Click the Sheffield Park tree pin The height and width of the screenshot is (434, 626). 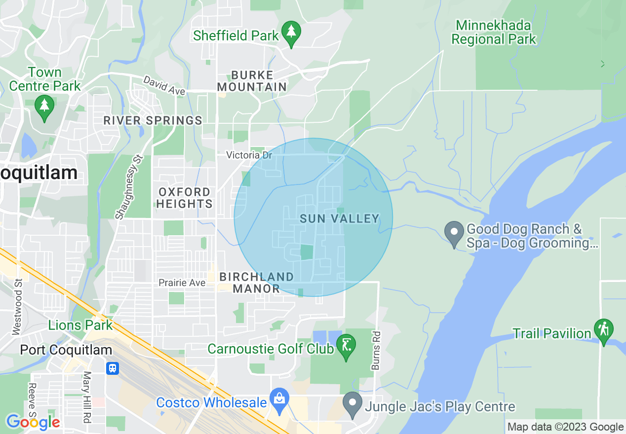tap(291, 33)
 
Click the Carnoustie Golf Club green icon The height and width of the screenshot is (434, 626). tap(346, 345)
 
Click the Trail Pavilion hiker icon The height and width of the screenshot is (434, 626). tap(604, 329)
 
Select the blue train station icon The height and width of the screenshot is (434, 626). tap(113, 368)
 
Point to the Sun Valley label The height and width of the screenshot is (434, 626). tap(340, 218)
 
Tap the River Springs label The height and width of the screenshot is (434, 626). tap(153, 120)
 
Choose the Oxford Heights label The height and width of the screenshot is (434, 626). tap(185, 198)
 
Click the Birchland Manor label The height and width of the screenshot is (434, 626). tap(256, 283)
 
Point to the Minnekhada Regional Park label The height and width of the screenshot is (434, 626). tap(493, 33)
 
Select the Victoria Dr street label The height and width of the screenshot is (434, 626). tap(249, 155)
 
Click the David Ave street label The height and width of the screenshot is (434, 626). tap(164, 85)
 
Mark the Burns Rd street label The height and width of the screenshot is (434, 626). tap(376, 351)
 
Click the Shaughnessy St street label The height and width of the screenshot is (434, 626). tap(128, 185)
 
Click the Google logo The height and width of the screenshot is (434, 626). tap(33, 422)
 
